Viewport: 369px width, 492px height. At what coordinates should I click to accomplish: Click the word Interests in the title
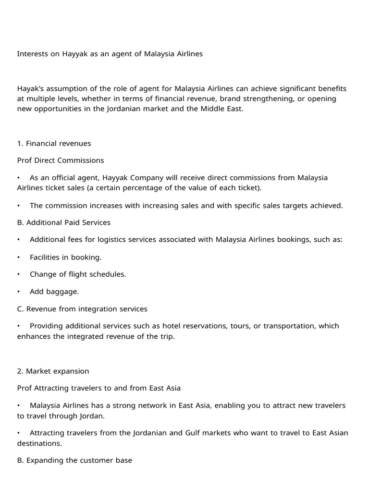(x=33, y=54)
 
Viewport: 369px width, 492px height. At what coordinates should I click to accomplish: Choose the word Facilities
(x=48, y=257)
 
